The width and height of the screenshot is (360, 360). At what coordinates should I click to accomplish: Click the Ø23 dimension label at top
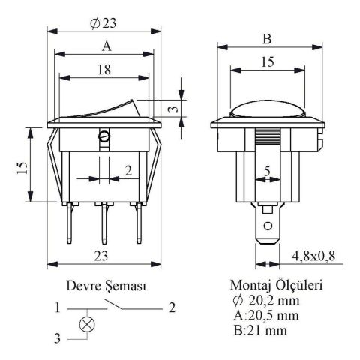pyautogui.click(x=103, y=23)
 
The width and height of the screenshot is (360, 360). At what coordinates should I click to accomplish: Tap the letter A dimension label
pyautogui.click(x=106, y=46)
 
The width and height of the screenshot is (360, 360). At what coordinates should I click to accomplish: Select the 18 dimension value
pyautogui.click(x=104, y=70)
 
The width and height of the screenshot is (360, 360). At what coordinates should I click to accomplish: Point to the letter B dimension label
pyautogui.click(x=267, y=39)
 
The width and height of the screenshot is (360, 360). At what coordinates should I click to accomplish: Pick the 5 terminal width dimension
pyautogui.click(x=267, y=172)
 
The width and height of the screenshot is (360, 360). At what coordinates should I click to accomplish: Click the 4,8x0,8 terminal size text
pyautogui.click(x=313, y=256)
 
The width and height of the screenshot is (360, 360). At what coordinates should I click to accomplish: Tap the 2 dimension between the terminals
pyautogui.click(x=128, y=171)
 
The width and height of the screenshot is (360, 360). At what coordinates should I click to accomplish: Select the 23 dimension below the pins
pyautogui.click(x=101, y=256)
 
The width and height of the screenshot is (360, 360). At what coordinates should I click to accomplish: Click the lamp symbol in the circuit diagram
pyautogui.click(x=87, y=325)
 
